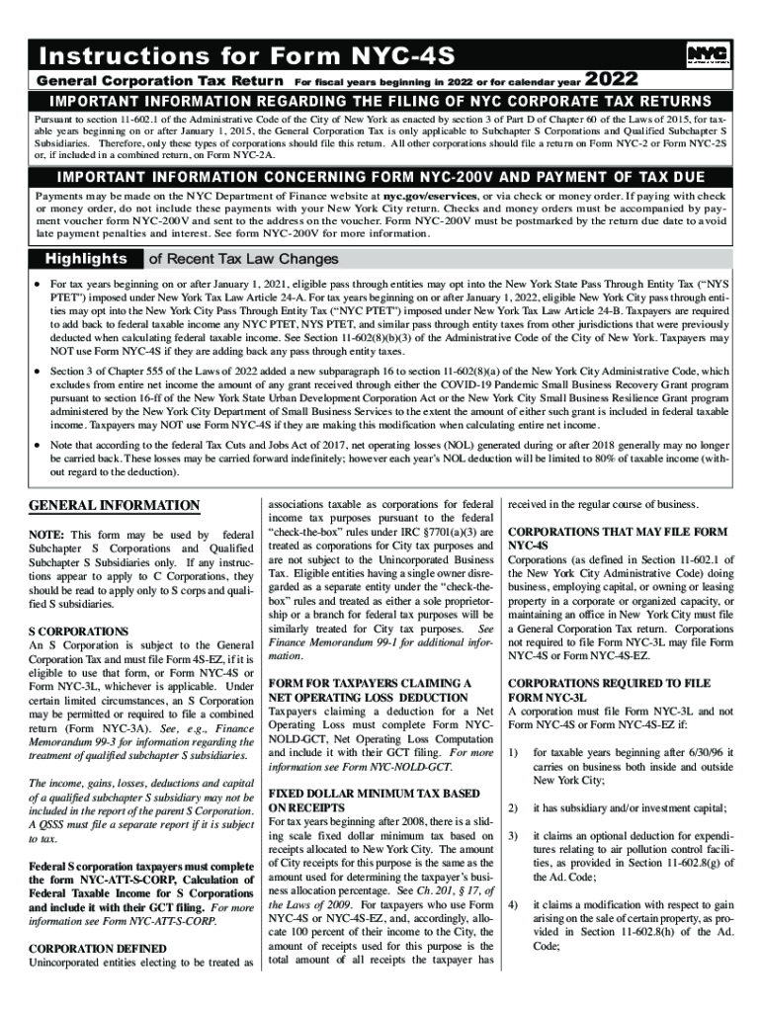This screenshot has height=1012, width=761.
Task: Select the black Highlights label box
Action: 83,259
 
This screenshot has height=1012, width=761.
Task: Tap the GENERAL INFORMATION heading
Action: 114,506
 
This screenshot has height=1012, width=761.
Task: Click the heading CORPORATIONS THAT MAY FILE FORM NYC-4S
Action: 617,538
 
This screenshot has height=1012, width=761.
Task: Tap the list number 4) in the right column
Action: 513,904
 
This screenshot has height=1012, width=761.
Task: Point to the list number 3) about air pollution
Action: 513,835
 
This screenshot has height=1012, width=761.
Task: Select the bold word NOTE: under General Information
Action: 48,535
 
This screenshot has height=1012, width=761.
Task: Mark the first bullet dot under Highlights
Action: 37,283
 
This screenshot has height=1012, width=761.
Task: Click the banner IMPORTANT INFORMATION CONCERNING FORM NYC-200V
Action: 380,177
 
